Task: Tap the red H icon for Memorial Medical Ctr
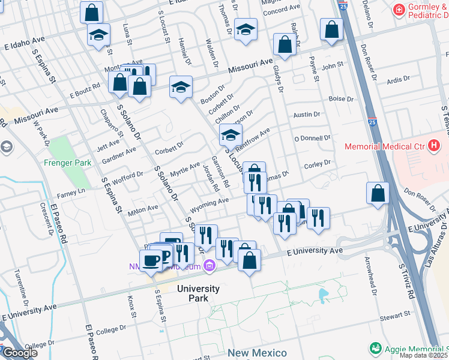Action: click(435, 146)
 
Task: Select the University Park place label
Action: click(198, 293)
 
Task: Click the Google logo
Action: click(20, 353)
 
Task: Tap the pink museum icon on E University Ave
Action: click(209, 265)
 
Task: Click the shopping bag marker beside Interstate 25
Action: click(378, 193)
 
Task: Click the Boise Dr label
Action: click(340, 99)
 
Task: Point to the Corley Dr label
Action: click(318, 163)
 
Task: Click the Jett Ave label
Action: click(91, 145)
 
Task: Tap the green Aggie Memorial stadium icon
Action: click(376, 348)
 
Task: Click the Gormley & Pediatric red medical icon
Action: click(397, 10)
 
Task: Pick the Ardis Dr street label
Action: click(398, 79)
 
